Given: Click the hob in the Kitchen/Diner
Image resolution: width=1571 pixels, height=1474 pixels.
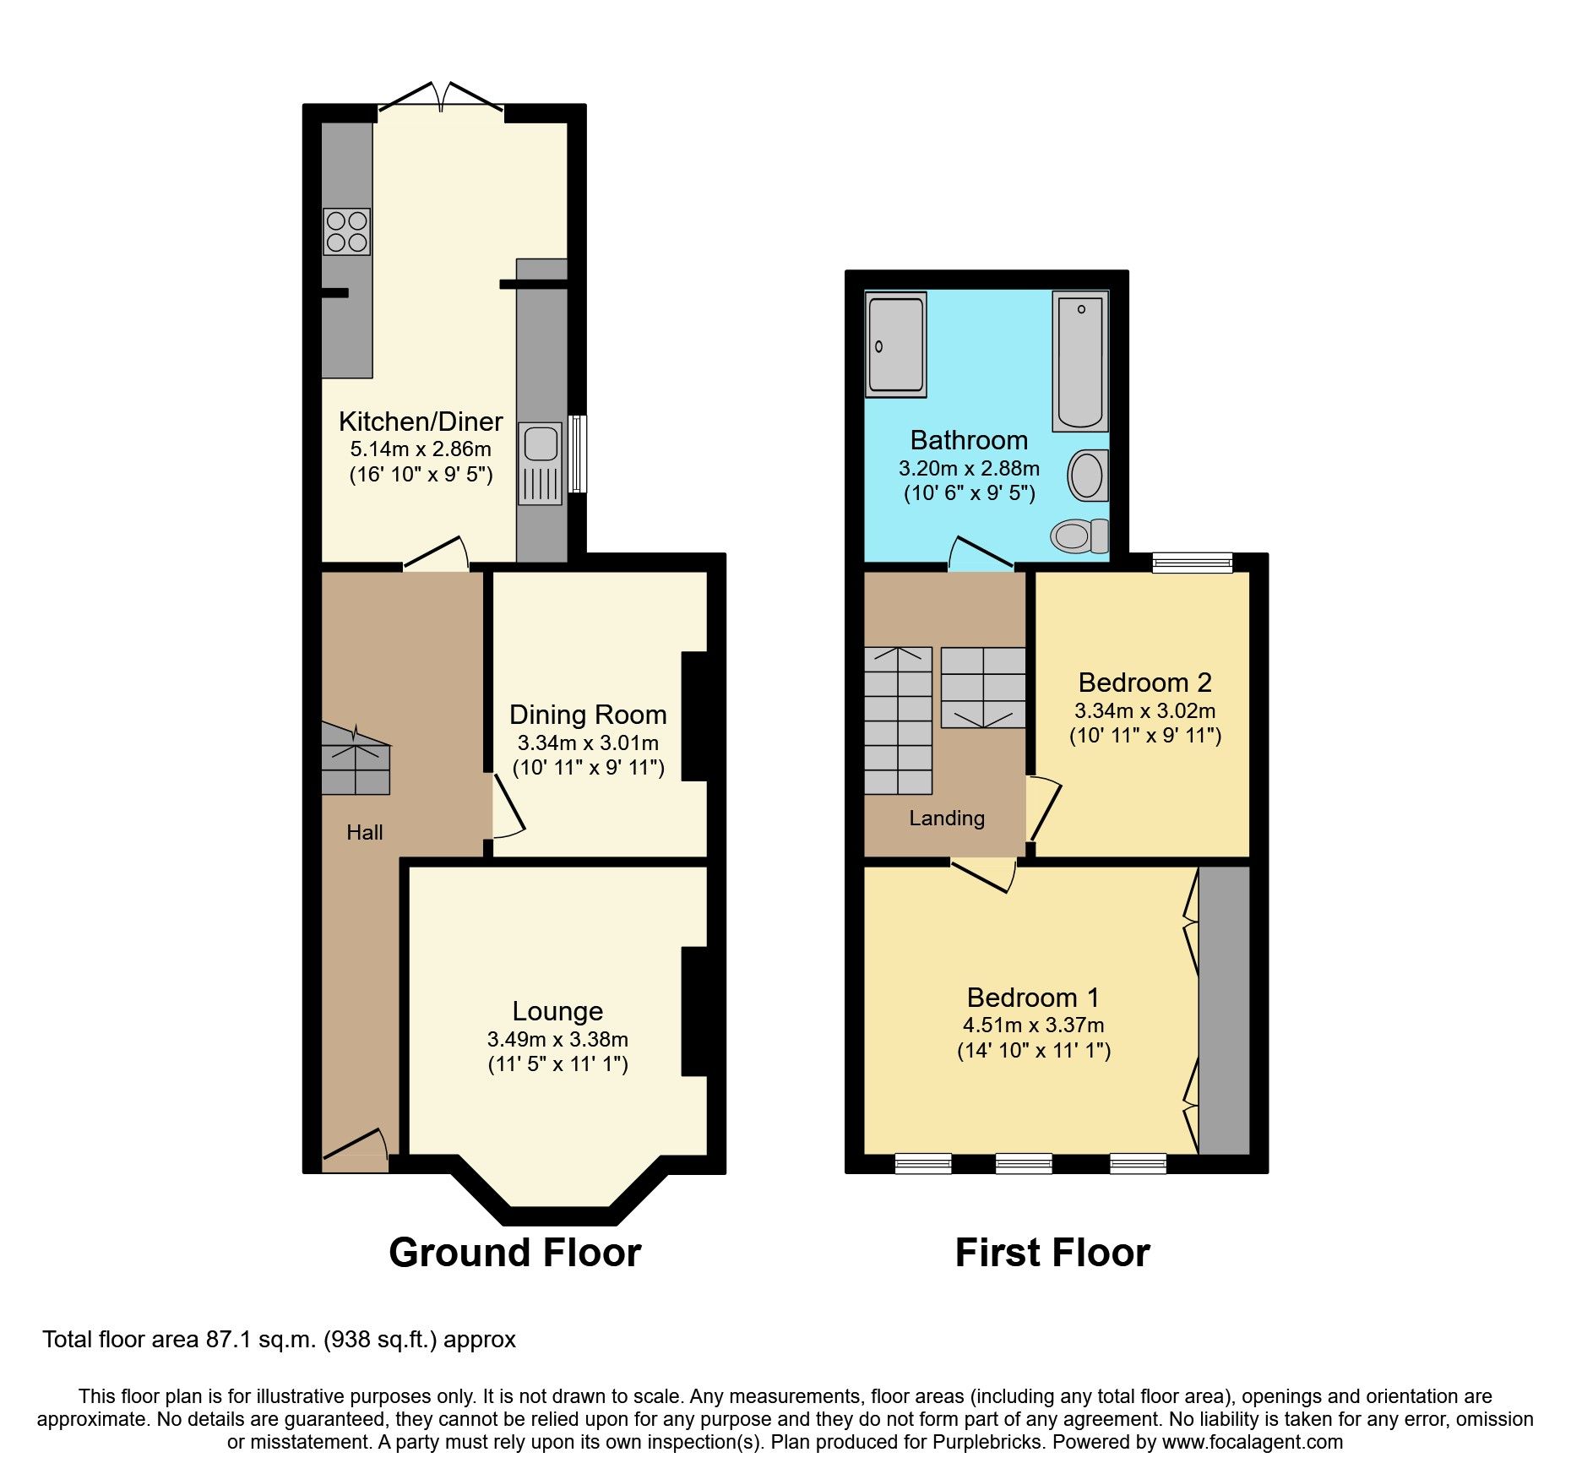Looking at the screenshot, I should [x=346, y=231].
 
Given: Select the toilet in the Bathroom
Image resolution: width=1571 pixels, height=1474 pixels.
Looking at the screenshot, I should [x=1079, y=535].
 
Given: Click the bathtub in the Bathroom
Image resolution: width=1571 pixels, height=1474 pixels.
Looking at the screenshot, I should [x=1080, y=362].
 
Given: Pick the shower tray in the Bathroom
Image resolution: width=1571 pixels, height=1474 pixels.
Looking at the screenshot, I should [x=895, y=344].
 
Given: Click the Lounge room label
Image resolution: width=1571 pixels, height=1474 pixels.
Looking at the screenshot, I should [x=557, y=1011].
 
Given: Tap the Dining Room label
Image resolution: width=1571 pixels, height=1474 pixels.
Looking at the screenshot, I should [x=588, y=715].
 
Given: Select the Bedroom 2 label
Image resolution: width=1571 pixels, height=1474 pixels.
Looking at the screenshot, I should [x=1144, y=683].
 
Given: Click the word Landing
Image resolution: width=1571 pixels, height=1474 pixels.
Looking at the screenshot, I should [x=946, y=818].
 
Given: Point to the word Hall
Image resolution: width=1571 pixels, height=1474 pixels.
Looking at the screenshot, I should [x=364, y=833].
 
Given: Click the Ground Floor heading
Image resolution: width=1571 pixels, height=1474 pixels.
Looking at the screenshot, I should [x=514, y=1253].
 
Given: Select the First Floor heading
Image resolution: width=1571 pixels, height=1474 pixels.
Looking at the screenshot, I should [x=1052, y=1253].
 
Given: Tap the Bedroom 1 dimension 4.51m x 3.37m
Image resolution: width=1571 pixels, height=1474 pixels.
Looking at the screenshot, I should [x=1033, y=1025].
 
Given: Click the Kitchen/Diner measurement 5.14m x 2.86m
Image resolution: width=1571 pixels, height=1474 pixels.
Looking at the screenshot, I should [x=421, y=449].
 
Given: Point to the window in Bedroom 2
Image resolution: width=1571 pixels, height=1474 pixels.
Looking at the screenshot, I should [x=1192, y=562].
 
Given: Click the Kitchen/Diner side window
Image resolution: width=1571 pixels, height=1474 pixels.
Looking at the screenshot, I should [x=578, y=453].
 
